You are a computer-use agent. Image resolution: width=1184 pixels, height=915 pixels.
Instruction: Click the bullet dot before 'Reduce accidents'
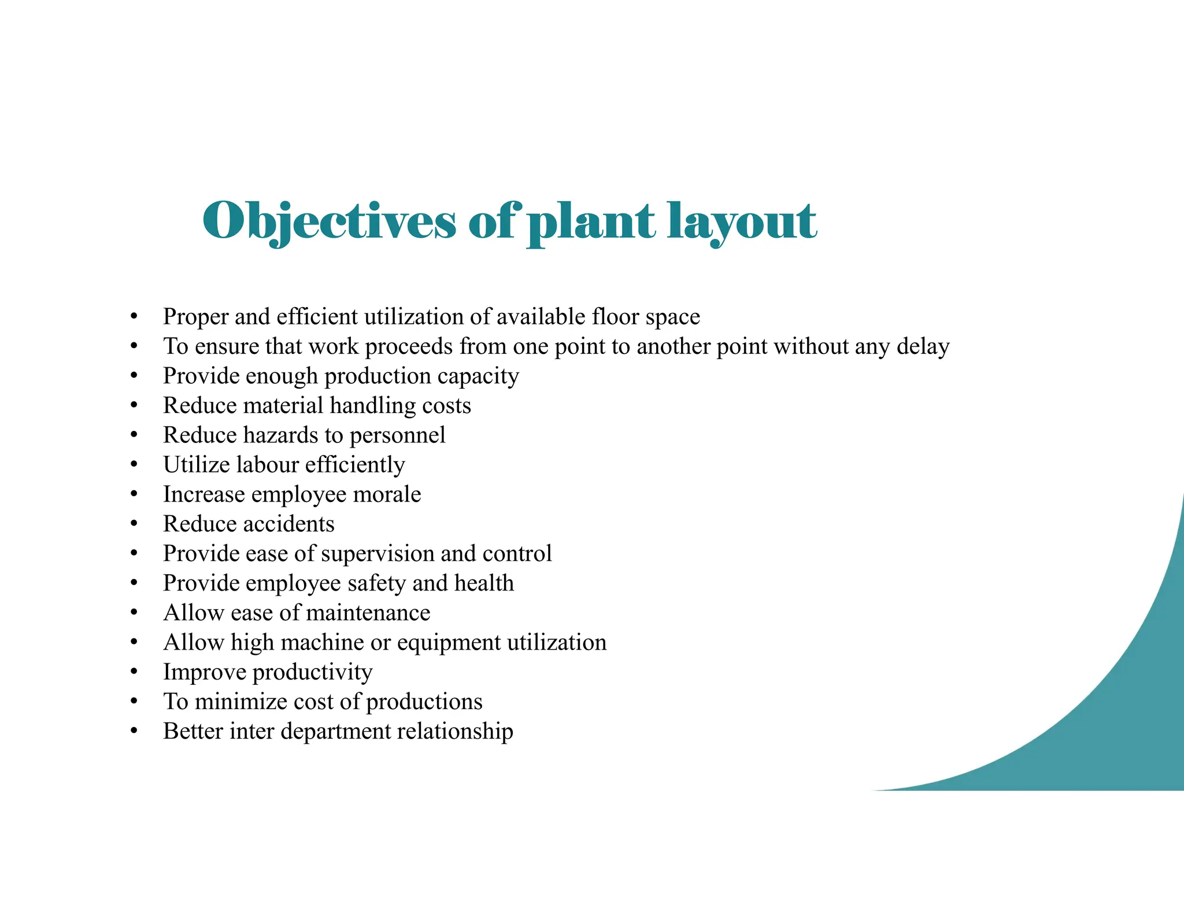(134, 523)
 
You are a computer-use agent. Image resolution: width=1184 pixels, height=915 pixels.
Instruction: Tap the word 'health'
(484, 583)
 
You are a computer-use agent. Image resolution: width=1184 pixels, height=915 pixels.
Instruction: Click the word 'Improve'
(205, 672)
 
